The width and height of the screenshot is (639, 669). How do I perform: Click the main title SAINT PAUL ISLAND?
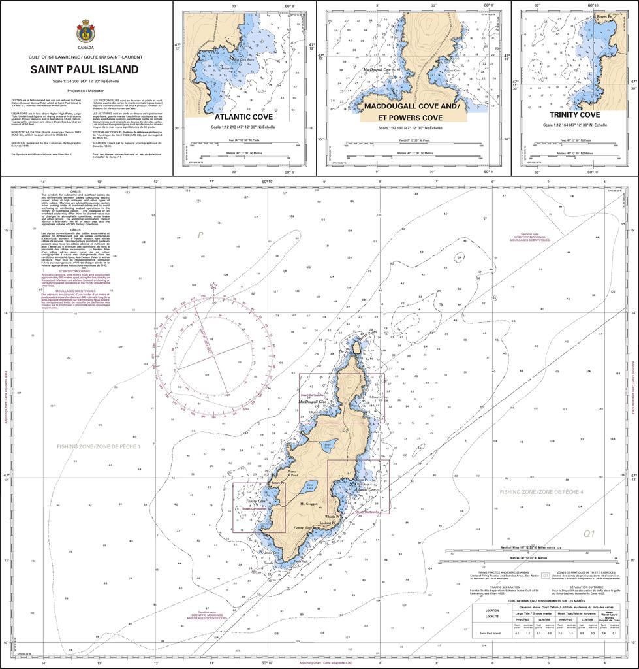pyautogui.click(x=86, y=69)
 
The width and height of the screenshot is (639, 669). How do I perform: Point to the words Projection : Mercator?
pyautogui.click(x=86, y=90)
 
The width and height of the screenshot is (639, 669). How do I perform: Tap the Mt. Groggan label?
pyautogui.click(x=309, y=504)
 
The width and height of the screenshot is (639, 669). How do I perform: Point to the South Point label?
pyautogui.click(x=273, y=563)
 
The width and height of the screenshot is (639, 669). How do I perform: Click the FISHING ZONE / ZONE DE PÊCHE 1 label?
pyautogui.click(x=98, y=445)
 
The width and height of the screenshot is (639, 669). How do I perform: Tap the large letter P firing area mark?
pyautogui.click(x=202, y=235)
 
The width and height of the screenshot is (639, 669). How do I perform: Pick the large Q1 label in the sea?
pyautogui.click(x=589, y=534)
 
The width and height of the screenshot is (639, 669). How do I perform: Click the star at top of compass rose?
pyautogui.click(x=213, y=286)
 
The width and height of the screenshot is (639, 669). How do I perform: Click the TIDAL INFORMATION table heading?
pyautogui.click(x=546, y=600)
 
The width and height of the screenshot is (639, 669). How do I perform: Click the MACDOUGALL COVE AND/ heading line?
pyautogui.click(x=412, y=106)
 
